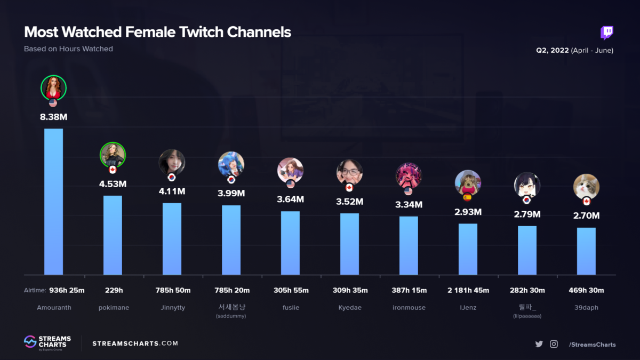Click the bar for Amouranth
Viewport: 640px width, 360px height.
(53, 202)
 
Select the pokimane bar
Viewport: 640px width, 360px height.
(113, 235)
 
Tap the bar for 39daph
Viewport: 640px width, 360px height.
(586, 251)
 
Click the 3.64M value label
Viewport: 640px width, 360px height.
(291, 199)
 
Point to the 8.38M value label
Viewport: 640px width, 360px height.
(53, 117)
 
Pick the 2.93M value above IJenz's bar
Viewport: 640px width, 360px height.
(468, 212)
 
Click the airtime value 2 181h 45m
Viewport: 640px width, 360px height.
(468, 290)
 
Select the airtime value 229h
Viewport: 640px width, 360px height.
(113, 290)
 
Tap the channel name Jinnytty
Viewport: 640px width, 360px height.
(172, 308)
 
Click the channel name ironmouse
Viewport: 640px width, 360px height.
(409, 308)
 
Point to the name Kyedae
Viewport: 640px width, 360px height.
(349, 308)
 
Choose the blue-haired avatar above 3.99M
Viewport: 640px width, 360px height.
(231, 164)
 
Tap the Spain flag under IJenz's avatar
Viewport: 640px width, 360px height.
(468, 197)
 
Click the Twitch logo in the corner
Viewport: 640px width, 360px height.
(607, 33)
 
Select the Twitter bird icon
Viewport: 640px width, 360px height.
(539, 344)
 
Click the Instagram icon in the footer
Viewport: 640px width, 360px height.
(554, 344)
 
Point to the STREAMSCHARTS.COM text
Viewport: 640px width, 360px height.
(135, 343)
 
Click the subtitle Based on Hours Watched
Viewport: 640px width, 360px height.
(68, 49)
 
